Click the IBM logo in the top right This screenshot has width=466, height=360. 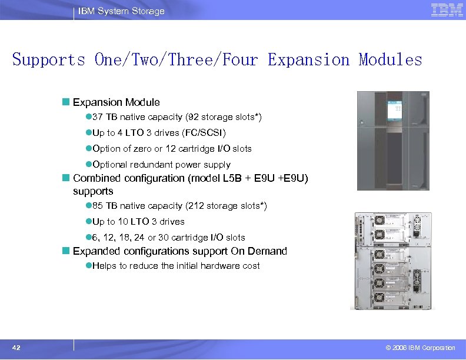pyautogui.click(x=447, y=10)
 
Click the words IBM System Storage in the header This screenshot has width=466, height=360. pyautogui.click(x=122, y=11)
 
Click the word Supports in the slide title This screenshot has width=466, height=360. pyautogui.click(x=49, y=60)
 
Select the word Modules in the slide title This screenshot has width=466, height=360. pyautogui.click(x=391, y=60)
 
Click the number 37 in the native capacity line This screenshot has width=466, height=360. pyautogui.click(x=98, y=117)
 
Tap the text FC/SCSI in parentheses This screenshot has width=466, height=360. pyautogui.click(x=206, y=133)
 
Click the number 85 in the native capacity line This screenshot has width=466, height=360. pyautogui.click(x=98, y=206)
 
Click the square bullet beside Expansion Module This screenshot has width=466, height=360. pyautogui.click(x=66, y=102)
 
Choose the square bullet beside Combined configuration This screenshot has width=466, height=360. pyautogui.click(x=66, y=178)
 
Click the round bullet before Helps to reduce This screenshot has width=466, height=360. pyautogui.click(x=88, y=266)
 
